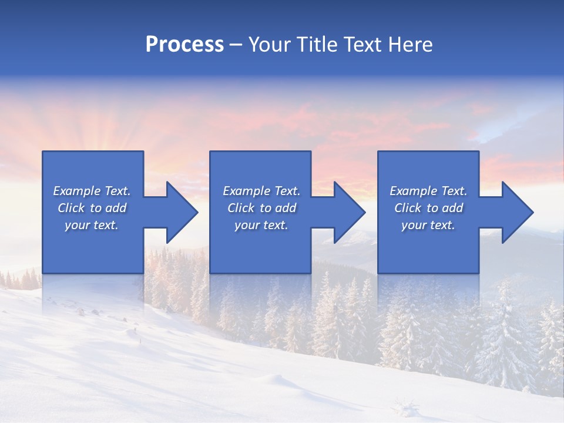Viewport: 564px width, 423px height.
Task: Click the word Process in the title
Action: pos(184,45)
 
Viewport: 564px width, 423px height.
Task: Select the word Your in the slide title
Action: pos(271,45)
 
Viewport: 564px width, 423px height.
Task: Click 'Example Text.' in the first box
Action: pos(92,191)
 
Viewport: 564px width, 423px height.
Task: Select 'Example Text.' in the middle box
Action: pos(261,191)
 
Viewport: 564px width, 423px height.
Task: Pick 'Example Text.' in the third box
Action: pos(428,191)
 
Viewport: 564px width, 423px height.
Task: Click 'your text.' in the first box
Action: pos(92,225)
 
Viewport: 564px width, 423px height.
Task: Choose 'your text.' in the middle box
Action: pos(261,225)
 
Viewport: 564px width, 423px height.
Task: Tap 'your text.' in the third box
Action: pos(428,225)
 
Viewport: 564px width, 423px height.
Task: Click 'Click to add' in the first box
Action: pos(92,208)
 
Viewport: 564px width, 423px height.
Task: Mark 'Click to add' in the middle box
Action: pos(261,208)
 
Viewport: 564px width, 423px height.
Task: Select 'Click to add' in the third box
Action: pos(428,208)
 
